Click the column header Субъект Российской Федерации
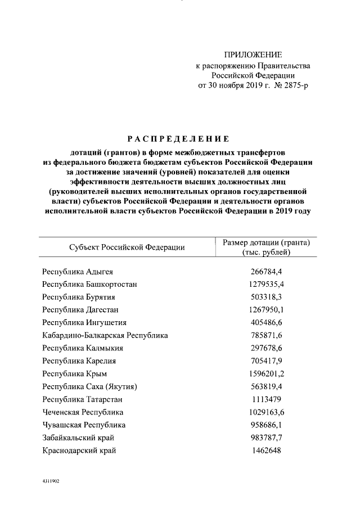(x=127, y=247)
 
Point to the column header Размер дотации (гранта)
(x=266, y=242)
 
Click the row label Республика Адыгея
(x=78, y=271)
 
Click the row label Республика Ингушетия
(x=84, y=323)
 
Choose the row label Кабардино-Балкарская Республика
(x=105, y=336)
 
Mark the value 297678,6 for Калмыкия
(x=266, y=348)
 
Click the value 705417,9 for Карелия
(x=266, y=361)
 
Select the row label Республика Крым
(x=74, y=374)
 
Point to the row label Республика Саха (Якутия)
(x=90, y=387)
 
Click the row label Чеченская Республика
(x=82, y=412)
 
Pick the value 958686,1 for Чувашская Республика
(x=266, y=425)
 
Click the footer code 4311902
(x=50, y=482)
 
